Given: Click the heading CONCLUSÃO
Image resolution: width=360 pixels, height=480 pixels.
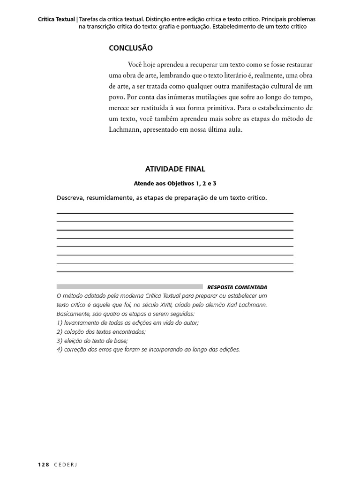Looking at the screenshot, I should tap(131, 48).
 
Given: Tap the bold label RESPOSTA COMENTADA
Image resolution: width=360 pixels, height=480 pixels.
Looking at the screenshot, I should tap(237, 287).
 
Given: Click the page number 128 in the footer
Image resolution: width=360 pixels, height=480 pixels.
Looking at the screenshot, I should tap(43, 464).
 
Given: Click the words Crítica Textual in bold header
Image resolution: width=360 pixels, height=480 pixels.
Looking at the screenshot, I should tap(56, 19).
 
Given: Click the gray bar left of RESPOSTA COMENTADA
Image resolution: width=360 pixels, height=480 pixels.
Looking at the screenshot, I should tap(129, 286).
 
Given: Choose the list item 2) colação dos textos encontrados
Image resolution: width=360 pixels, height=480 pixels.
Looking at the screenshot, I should tap(101, 332).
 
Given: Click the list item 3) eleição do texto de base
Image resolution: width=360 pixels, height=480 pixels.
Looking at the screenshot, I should tap(92, 341).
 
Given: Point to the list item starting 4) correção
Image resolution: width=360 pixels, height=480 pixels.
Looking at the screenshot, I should tap(148, 350).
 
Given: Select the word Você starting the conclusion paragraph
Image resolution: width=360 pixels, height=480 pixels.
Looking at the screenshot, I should tap(135, 64).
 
